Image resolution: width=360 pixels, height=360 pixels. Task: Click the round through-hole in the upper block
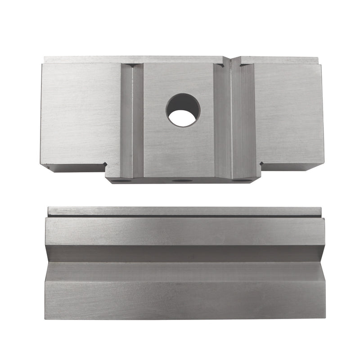pyautogui.click(x=183, y=110)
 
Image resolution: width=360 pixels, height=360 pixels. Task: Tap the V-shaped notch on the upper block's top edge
pyautogui.click(x=231, y=62)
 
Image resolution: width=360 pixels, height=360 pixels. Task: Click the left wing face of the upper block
pyautogui.click(x=81, y=112)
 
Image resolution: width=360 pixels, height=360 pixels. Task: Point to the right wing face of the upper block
pyautogui.click(x=288, y=112)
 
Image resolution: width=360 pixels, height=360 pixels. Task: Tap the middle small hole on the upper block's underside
pyautogui.click(x=181, y=180)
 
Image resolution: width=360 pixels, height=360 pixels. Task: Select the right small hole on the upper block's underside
pyautogui.click(x=243, y=180)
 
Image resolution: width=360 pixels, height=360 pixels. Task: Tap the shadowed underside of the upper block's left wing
pyautogui.click(x=76, y=168)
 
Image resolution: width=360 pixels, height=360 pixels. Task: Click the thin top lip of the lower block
pyautogui.click(x=184, y=211)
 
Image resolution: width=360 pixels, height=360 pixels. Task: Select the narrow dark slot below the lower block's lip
pyautogui.click(x=184, y=216)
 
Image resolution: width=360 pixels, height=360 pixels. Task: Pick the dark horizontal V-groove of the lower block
pyautogui.click(x=184, y=253)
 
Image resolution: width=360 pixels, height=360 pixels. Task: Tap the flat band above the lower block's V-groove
pyautogui.click(x=184, y=232)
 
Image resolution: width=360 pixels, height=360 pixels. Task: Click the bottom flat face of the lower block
pyautogui.click(x=184, y=299)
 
